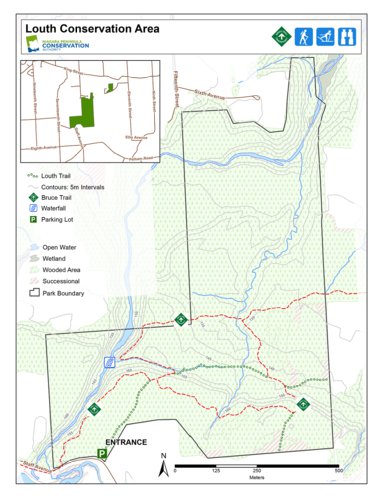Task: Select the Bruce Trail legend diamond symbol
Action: coord(33,198)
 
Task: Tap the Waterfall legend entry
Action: coord(56,209)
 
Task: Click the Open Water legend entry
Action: coord(61,246)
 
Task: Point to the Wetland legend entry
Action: coord(55,258)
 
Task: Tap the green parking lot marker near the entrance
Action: coord(101,453)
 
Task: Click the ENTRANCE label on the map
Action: coord(124,441)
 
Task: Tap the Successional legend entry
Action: coord(61,281)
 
